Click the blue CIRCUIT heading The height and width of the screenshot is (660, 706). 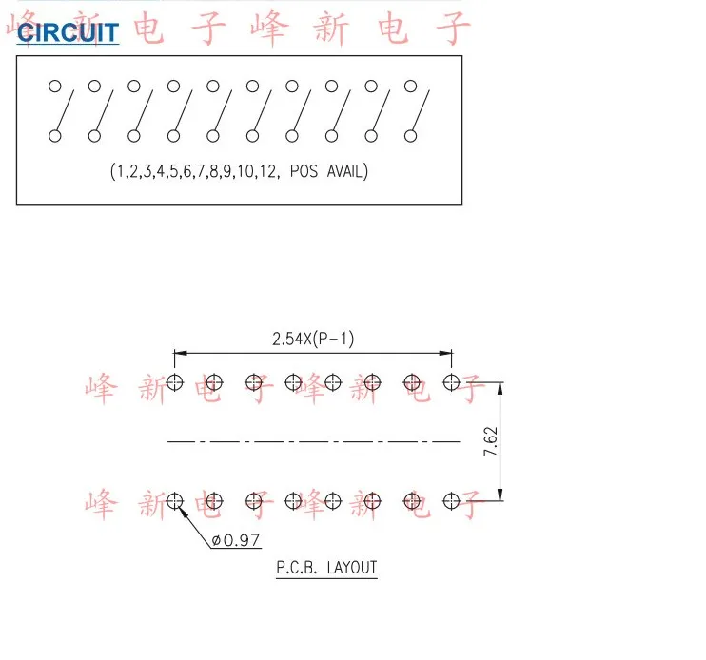click(69, 33)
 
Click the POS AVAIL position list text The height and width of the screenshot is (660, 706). click(239, 172)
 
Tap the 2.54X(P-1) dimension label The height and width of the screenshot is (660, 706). click(312, 338)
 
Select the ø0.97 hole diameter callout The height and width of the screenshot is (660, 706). click(235, 541)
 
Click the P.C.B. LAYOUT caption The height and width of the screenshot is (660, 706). click(326, 569)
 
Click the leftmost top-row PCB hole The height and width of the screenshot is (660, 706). click(175, 382)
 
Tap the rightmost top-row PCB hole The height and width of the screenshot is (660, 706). click(452, 382)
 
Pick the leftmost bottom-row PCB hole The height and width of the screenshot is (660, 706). click(175, 499)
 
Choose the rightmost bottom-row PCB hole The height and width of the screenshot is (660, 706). click(452, 499)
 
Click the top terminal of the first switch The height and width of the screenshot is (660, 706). click(54, 87)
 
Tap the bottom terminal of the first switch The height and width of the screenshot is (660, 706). click(54, 136)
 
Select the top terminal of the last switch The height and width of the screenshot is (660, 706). click(411, 87)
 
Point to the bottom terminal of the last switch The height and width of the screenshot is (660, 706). click(411, 136)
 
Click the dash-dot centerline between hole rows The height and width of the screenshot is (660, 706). click(313, 441)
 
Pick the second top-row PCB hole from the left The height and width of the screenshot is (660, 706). click(215, 382)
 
